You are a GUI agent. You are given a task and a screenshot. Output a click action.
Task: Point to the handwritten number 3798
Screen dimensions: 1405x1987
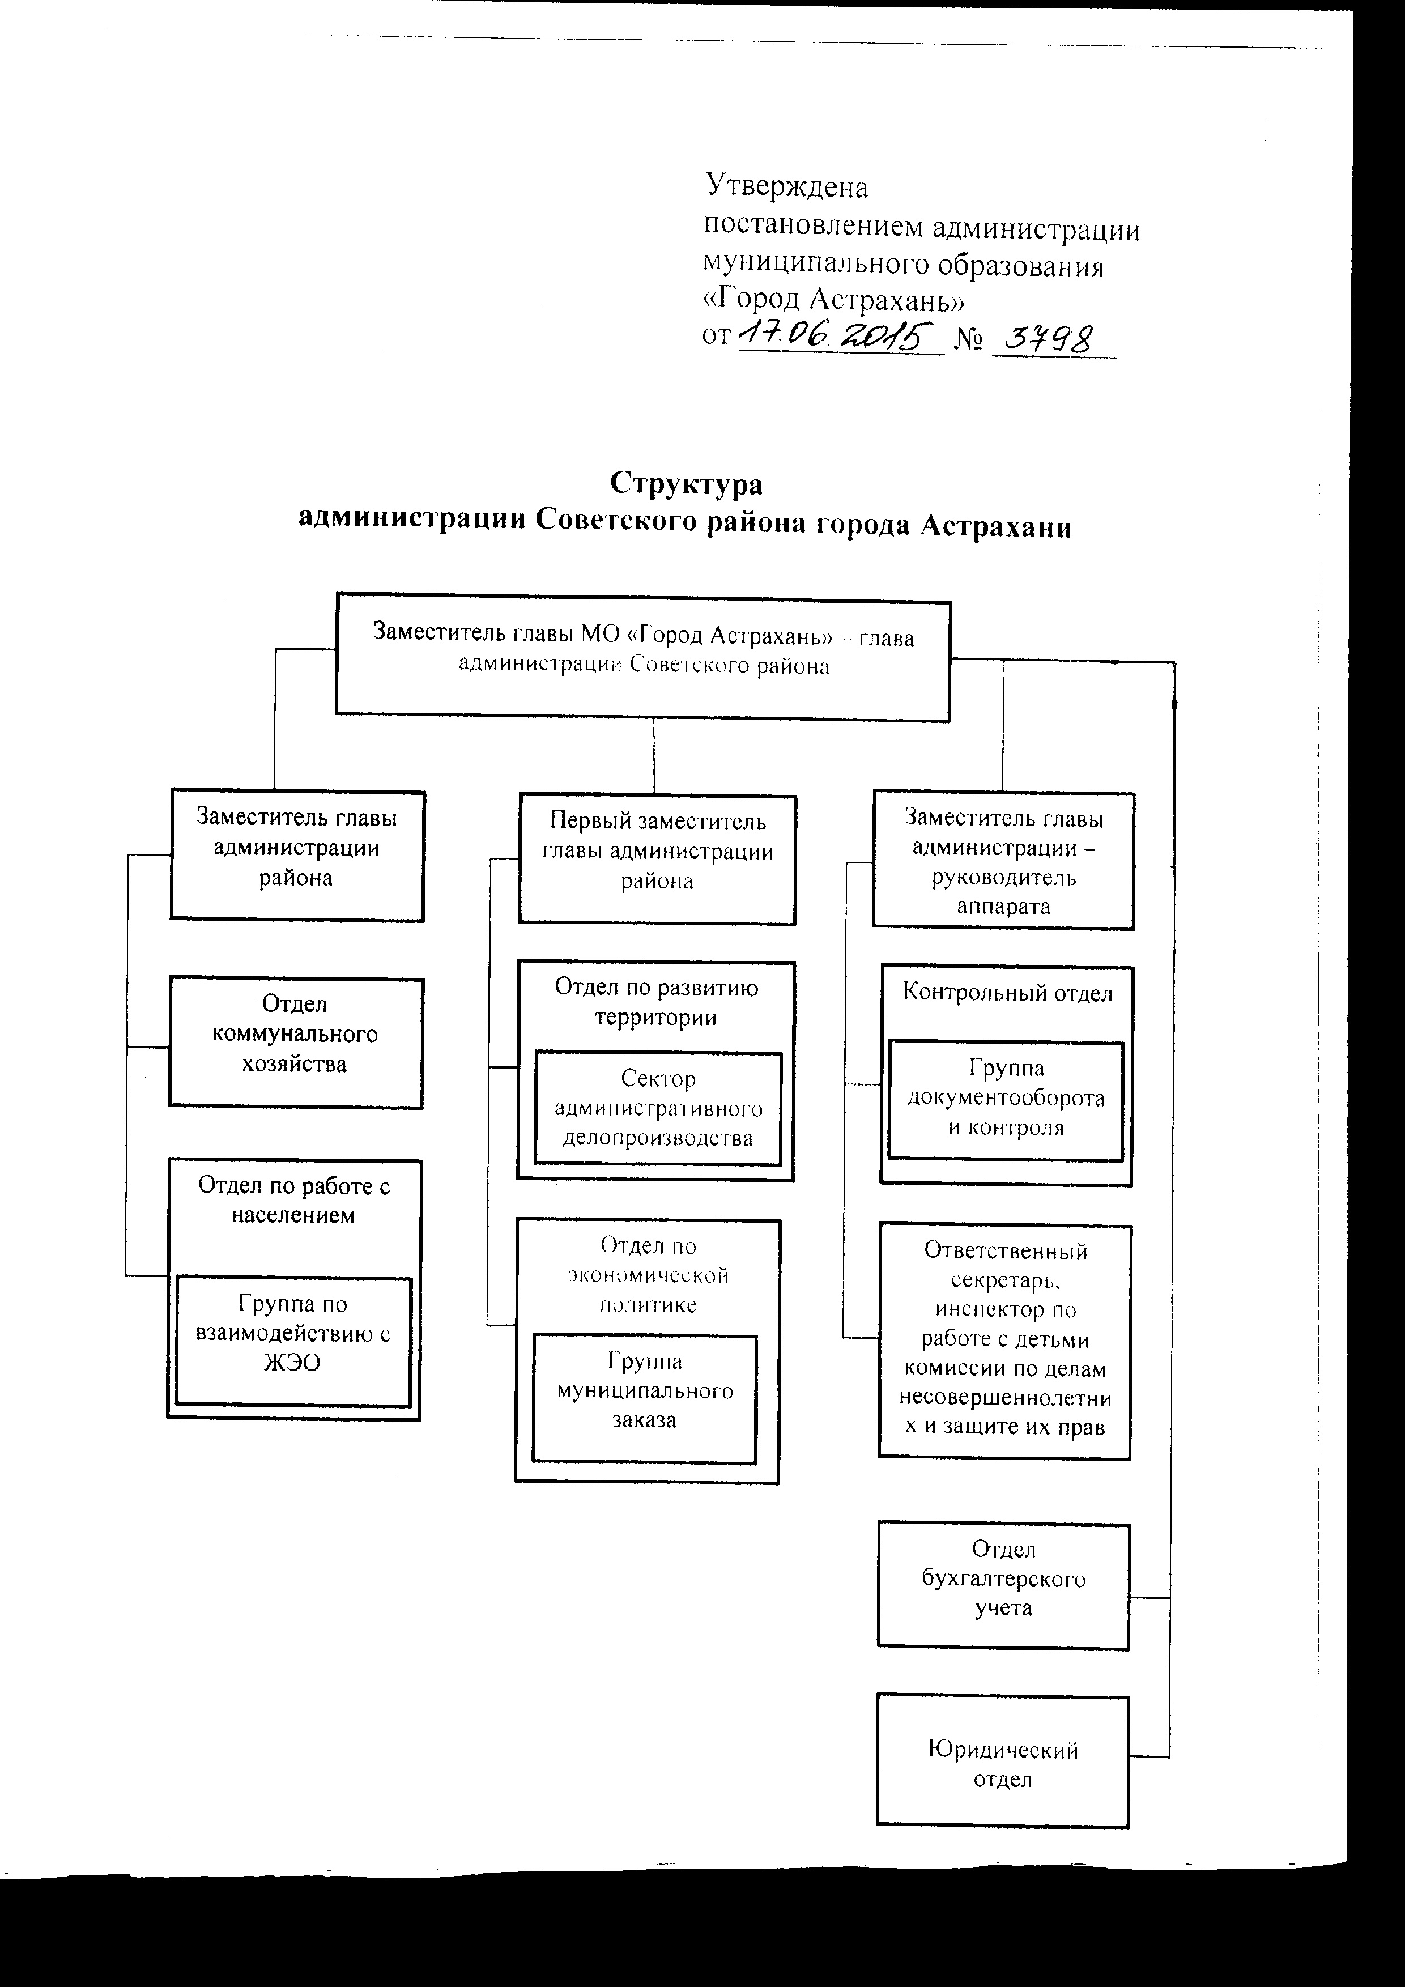[x=1055, y=339]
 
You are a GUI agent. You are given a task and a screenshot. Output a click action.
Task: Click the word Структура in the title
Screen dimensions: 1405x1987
[x=687, y=483]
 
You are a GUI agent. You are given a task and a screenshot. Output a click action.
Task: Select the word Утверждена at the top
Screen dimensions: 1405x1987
[x=787, y=186]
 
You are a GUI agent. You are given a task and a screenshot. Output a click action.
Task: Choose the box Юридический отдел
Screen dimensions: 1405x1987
[x=1003, y=1760]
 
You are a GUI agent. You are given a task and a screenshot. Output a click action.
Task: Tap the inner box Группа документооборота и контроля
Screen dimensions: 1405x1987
[x=1006, y=1100]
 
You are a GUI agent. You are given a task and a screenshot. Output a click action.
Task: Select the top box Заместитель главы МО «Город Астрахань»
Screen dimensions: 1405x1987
[x=643, y=657]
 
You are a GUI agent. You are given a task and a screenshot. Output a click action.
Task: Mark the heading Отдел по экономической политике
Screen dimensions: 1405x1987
[x=648, y=1275]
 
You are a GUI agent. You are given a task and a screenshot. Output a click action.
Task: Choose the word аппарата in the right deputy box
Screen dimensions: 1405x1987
[x=1003, y=907]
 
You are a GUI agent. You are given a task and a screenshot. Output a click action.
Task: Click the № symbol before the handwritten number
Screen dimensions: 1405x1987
[x=968, y=338]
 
